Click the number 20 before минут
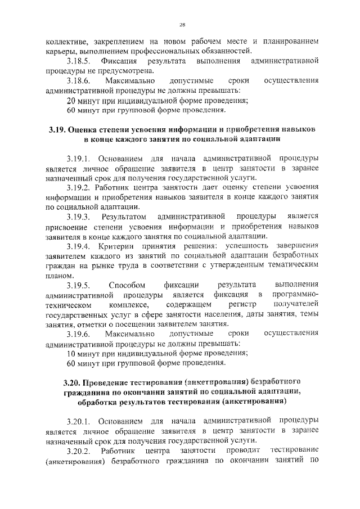point(71,101)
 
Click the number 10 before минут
point(71,354)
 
